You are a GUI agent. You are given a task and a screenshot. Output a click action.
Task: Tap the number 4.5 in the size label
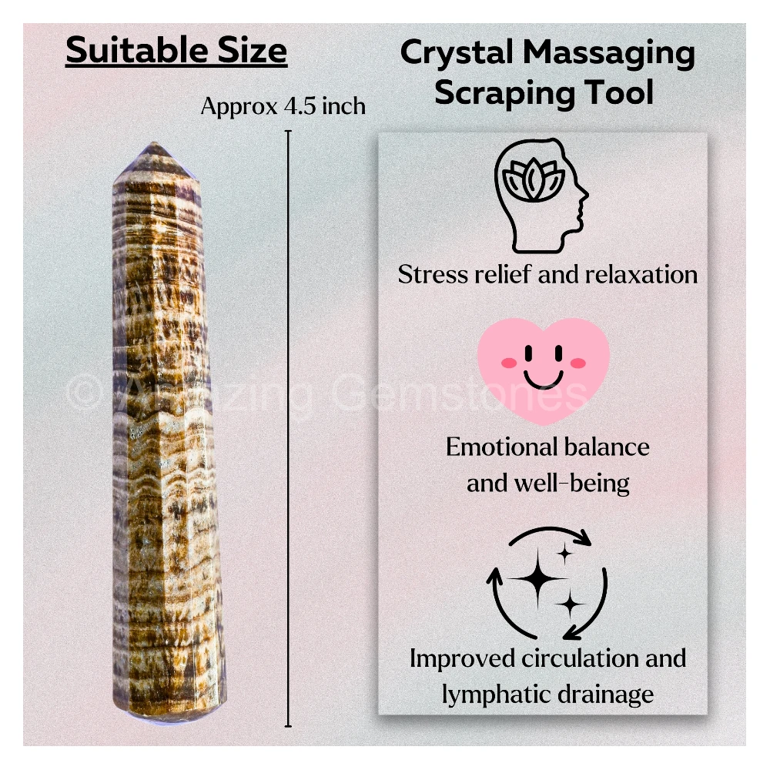point(300,106)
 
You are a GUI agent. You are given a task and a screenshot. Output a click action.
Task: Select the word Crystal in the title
point(457,54)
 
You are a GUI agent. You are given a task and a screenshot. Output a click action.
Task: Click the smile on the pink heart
point(543,379)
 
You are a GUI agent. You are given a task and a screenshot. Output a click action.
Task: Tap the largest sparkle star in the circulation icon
point(537,578)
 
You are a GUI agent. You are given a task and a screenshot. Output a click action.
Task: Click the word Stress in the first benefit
point(433,274)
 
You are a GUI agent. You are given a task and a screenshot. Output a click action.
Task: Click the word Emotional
point(501,447)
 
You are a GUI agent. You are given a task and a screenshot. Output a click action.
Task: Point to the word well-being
point(571,484)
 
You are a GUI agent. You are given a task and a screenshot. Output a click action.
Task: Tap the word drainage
point(605,695)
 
